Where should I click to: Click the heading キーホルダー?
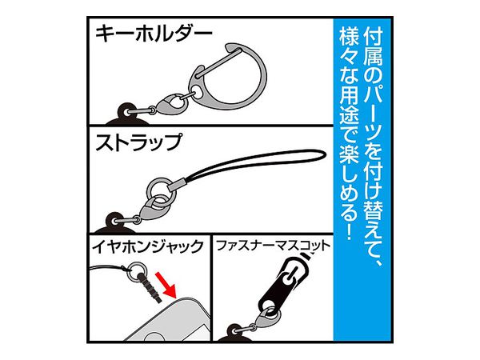click(154, 34)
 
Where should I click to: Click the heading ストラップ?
click(138, 142)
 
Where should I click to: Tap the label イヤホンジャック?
click(147, 247)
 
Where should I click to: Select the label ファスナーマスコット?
click(274, 246)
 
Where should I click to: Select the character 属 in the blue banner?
click(373, 57)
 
